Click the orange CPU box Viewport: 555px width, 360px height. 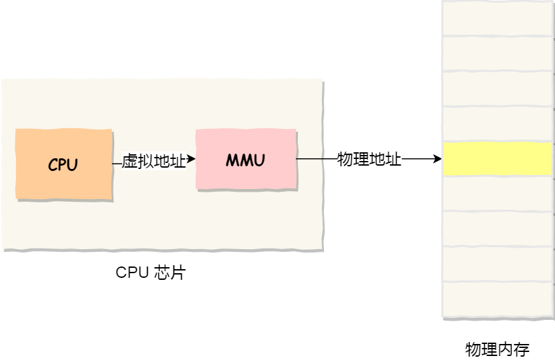64,165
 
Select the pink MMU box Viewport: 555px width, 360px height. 246,160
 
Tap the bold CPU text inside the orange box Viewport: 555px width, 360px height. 63,165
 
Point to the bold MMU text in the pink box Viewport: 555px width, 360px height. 245,160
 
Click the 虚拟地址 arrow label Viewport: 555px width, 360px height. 154,161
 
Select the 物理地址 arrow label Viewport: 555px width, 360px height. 369,160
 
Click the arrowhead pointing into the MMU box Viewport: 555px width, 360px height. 192,160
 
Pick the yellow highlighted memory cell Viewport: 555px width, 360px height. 498,159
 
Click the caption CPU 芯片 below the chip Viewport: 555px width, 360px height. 150,273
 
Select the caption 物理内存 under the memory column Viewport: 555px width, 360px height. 497,349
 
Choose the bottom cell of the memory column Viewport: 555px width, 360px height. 498,300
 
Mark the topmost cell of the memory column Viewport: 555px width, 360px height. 498,18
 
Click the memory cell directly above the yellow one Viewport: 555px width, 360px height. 498,124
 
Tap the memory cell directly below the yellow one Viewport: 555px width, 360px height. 498,194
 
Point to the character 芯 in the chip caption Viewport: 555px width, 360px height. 161,273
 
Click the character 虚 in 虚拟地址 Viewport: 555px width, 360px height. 130,161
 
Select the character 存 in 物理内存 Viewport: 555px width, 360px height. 522,349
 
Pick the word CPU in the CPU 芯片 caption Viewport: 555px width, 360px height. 132,273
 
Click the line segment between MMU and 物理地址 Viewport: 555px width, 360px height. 317,159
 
